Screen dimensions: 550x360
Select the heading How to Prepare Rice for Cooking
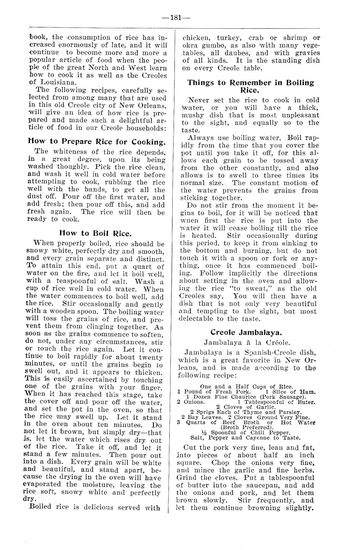[x=96, y=140]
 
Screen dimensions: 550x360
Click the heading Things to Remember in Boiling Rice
[x=251, y=86]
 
